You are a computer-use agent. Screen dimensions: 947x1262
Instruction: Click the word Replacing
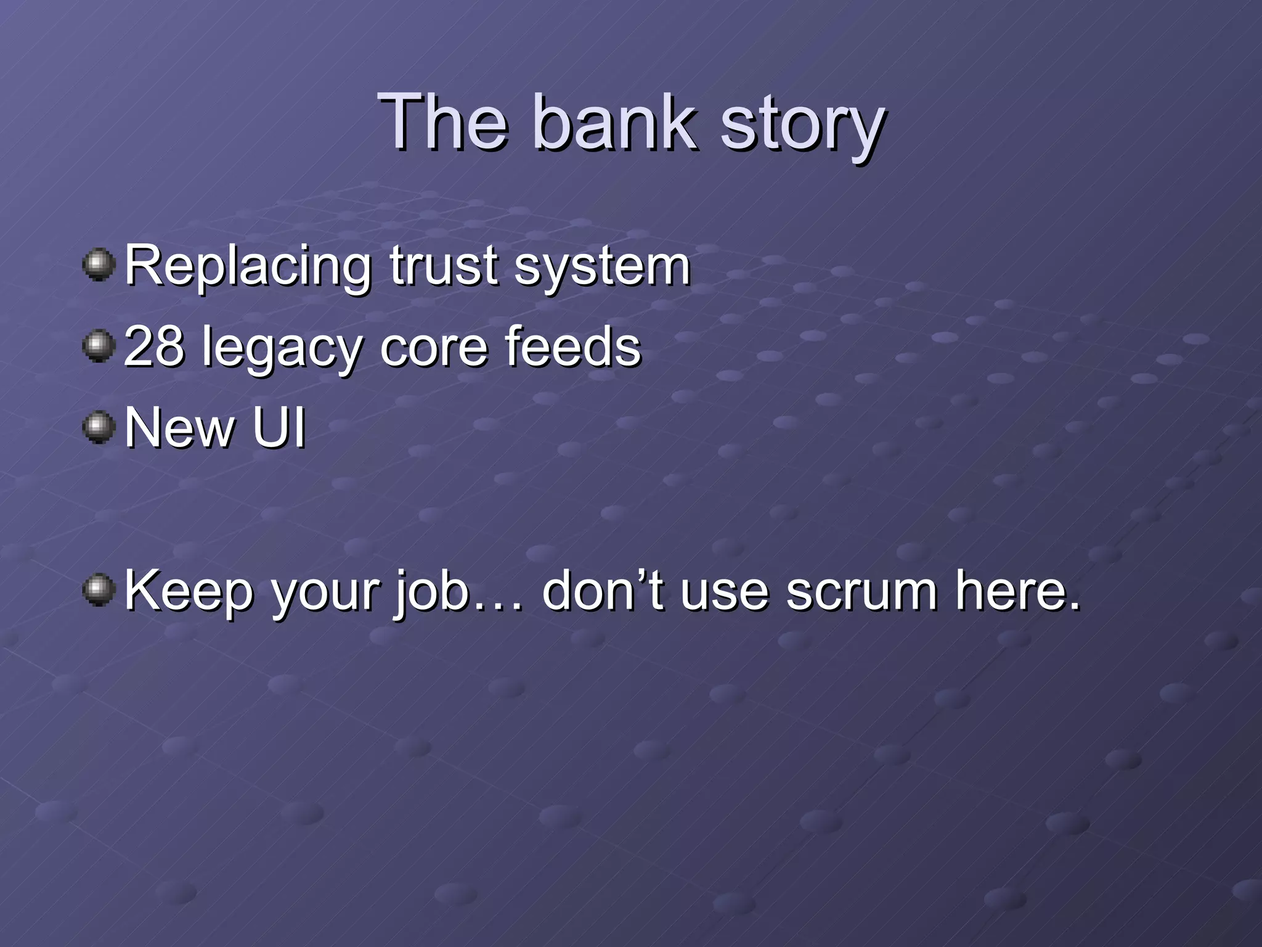click(248, 266)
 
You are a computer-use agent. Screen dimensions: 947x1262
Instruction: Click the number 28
click(154, 346)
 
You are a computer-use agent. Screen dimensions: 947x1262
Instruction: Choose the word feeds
click(572, 346)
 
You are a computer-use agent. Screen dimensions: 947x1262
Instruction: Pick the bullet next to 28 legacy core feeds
click(99, 346)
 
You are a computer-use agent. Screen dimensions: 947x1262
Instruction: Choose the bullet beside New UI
click(99, 427)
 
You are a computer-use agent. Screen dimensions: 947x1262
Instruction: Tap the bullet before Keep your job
click(99, 590)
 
